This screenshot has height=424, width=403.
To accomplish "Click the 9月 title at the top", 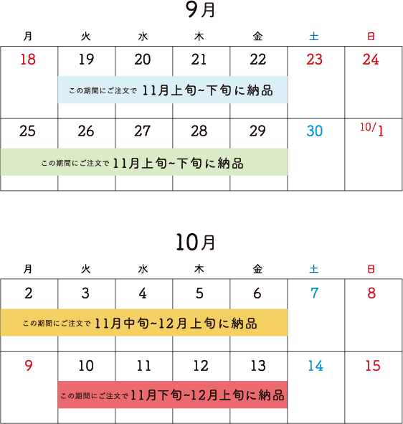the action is pyautogui.click(x=200, y=10).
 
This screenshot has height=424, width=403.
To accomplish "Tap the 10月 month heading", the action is pyautogui.click(x=196, y=242).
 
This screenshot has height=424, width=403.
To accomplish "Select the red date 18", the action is pyautogui.click(x=28, y=60).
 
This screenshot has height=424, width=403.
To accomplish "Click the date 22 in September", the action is pyautogui.click(x=258, y=60).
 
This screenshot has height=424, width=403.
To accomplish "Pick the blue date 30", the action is pyautogui.click(x=315, y=131).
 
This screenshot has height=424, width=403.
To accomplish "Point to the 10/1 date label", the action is pyautogui.click(x=372, y=129).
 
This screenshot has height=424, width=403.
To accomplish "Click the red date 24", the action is pyautogui.click(x=371, y=60).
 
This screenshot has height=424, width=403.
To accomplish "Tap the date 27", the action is pyautogui.click(x=143, y=131).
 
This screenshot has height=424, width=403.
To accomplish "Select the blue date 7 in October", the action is pyautogui.click(x=315, y=293).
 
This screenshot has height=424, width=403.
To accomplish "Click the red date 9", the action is pyautogui.click(x=29, y=366).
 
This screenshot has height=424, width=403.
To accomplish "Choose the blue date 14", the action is pyautogui.click(x=316, y=366).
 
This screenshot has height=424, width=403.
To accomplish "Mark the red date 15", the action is pyautogui.click(x=373, y=366).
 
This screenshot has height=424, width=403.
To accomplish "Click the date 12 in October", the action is pyautogui.click(x=201, y=366).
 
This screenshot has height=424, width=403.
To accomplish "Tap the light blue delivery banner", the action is pyautogui.click(x=173, y=90).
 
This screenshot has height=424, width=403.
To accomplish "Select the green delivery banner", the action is pyautogui.click(x=144, y=162).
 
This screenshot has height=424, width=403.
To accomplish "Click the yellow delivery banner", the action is pyautogui.click(x=144, y=322).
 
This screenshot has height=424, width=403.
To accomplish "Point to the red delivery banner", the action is pyautogui.click(x=172, y=395).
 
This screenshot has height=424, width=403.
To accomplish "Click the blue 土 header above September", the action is pyautogui.click(x=314, y=37).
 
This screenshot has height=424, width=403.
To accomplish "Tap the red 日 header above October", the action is pyautogui.click(x=371, y=269).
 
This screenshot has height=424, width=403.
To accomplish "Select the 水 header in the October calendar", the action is pyautogui.click(x=143, y=269).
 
